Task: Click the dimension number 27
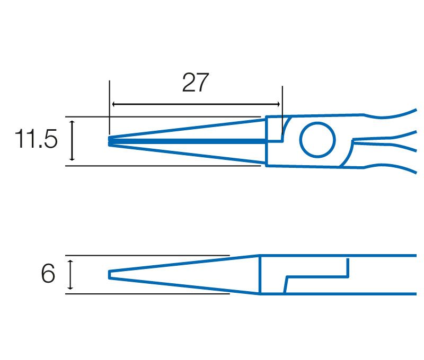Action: click(195, 83)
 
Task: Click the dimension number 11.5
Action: click(36, 139)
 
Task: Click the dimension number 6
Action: click(48, 273)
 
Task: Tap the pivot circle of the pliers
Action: click(317, 140)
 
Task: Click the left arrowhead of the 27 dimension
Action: click(114, 104)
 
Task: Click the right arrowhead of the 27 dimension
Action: click(278, 104)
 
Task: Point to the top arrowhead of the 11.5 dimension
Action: click(72, 123)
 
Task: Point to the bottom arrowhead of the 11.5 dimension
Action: click(72, 158)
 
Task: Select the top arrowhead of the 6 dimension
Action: click(70, 263)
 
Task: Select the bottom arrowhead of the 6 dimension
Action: click(70, 287)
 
